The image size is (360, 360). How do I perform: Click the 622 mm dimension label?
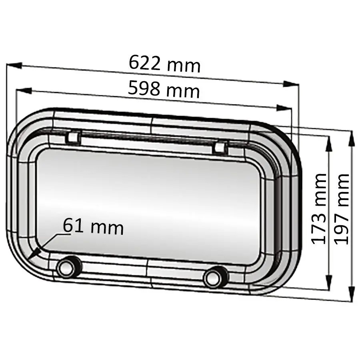[x=164, y=64]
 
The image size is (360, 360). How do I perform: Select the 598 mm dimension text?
[x=164, y=90]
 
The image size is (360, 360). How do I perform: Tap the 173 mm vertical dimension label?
[x=319, y=208]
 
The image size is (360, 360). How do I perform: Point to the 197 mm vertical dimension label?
[x=342, y=208]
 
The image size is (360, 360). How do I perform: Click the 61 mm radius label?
[x=93, y=227]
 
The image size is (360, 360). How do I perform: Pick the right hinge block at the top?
[x=219, y=148]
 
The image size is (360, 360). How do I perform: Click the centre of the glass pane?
[x=148, y=204]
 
